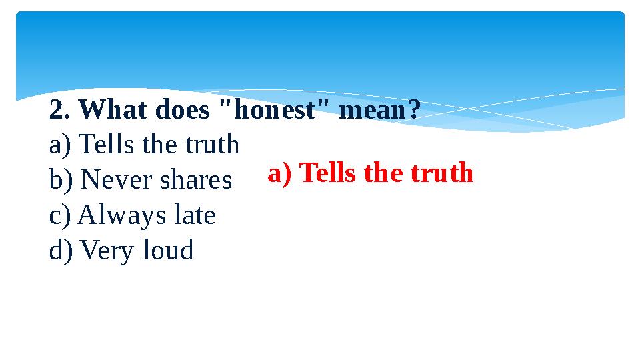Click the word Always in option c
click(117, 216)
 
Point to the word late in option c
click(194, 216)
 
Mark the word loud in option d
click(168, 251)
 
